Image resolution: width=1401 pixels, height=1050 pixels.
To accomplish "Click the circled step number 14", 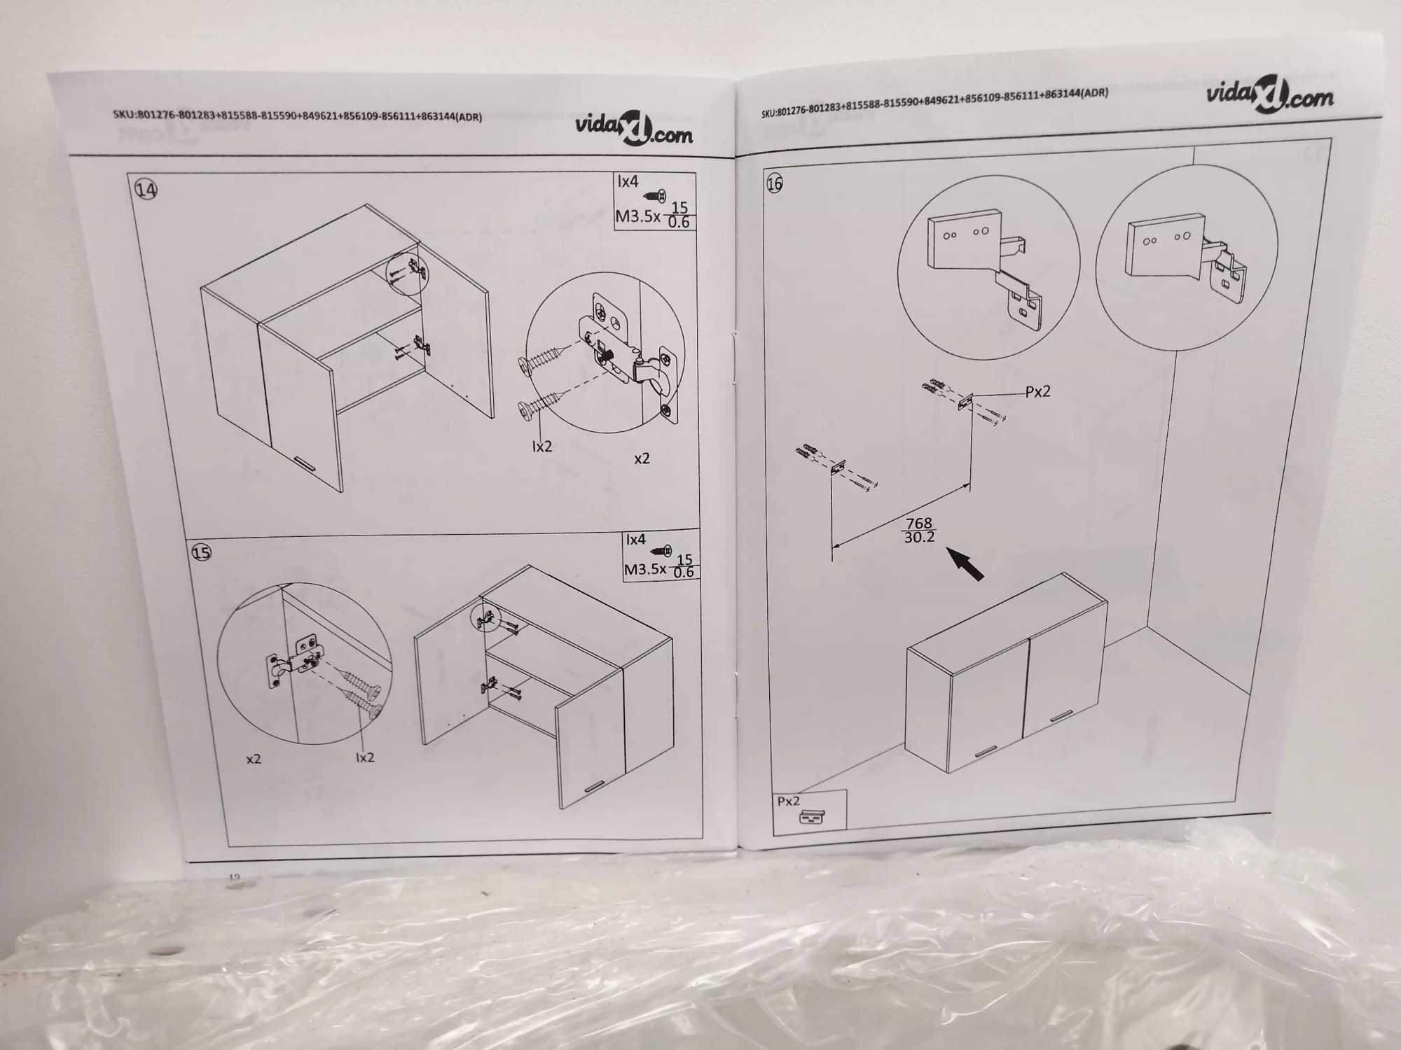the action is [146, 190].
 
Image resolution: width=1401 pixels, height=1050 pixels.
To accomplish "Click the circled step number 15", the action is [201, 552].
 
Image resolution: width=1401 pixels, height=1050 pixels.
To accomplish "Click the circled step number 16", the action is [774, 183].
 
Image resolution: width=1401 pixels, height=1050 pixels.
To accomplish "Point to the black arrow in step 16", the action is [965, 564].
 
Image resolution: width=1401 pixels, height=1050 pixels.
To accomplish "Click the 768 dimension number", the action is [918, 523].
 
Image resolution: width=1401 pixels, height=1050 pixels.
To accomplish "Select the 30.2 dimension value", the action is [918, 538].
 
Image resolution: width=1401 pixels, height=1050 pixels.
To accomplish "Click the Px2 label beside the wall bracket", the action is [1037, 392].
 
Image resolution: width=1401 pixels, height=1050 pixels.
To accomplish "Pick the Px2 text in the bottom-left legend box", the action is [788, 801].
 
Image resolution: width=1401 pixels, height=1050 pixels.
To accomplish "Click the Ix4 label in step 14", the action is [628, 181].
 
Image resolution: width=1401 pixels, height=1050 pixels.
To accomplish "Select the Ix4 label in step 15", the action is [635, 540].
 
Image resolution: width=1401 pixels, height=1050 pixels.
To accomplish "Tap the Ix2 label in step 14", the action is [542, 446].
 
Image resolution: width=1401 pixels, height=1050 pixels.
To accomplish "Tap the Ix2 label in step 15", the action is [365, 757].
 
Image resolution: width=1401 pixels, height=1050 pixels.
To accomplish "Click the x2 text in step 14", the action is [642, 458].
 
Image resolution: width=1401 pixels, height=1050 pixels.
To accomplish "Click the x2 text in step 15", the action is [254, 759].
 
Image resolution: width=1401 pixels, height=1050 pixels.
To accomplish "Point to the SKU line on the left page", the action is [297, 115].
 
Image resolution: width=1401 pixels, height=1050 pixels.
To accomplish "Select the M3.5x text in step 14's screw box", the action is [638, 216].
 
